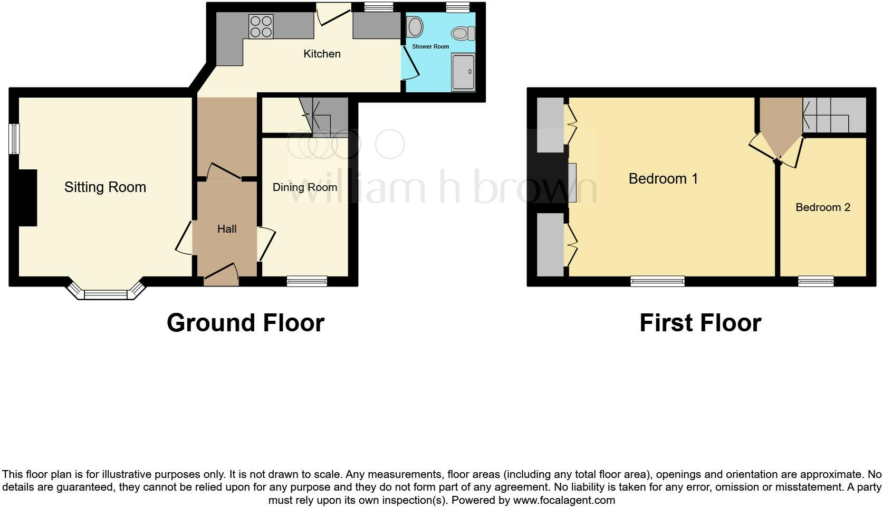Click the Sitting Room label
tap(105, 187)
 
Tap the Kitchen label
tap(322, 54)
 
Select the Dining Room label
tap(304, 187)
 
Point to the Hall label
tap(227, 229)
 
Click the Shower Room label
tap(430, 46)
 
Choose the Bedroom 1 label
tap(663, 179)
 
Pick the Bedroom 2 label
tap(823, 207)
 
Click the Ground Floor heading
tap(245, 323)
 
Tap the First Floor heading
tap(700, 323)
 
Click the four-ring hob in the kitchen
tap(261, 26)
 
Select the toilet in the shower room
tap(464, 34)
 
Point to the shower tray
tap(463, 72)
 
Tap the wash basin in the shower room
tap(415, 26)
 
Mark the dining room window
tap(307, 281)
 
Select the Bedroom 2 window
tap(816, 281)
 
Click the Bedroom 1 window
tap(657, 281)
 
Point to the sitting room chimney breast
tap(27, 198)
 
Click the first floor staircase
tap(834, 115)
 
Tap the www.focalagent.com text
tap(564, 500)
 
